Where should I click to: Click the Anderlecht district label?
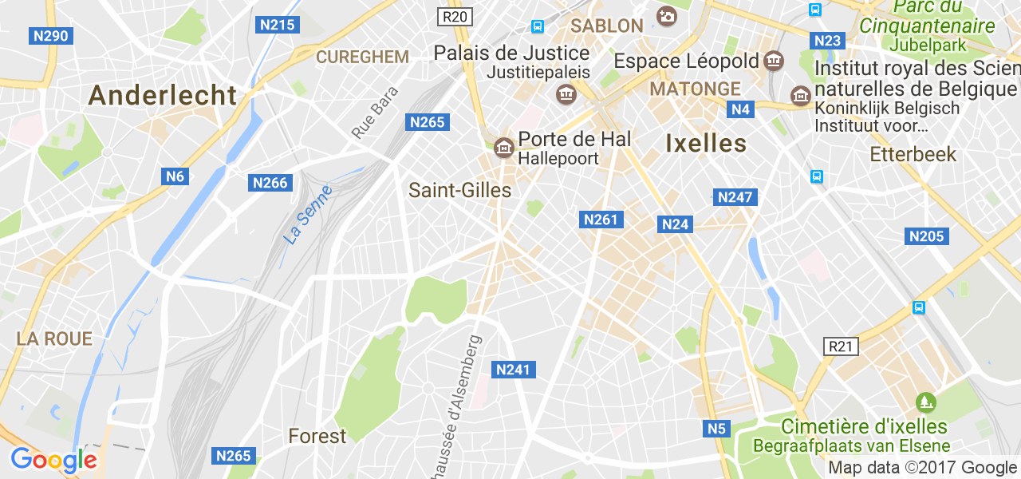[163, 96]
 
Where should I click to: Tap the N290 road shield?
[51, 36]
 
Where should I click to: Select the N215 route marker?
[278, 25]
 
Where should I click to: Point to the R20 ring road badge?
[455, 16]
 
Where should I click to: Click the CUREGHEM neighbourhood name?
[362, 57]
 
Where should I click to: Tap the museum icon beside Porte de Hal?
[503, 147]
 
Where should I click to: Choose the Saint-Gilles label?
[459, 190]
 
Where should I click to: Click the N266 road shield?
[270, 183]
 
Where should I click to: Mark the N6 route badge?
[175, 176]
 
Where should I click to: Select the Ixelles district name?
[705, 144]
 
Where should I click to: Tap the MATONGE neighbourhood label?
[695, 88]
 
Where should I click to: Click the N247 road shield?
[735, 197]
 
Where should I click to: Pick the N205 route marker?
[926, 236]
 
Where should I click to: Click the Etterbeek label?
[913, 154]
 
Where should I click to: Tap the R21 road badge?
[840, 346]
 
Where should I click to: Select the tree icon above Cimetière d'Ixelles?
[924, 401]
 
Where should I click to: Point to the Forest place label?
[317, 436]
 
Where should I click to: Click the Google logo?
[53, 461]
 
